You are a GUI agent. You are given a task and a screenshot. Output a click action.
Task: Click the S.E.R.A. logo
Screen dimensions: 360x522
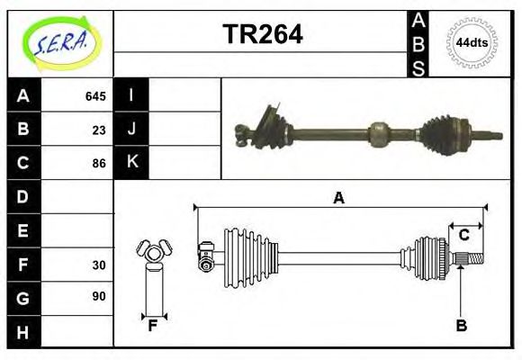click(x=60, y=41)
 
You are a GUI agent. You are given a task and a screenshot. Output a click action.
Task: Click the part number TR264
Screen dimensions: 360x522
click(x=262, y=35)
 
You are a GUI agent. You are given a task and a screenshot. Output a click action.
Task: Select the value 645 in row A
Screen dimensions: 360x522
click(x=95, y=96)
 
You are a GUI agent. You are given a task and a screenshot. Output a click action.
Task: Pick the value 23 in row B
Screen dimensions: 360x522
click(x=99, y=130)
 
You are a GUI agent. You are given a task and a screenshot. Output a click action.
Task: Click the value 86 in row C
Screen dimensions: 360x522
click(x=99, y=164)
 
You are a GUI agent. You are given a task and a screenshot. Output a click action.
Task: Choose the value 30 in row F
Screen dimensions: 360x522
click(x=99, y=265)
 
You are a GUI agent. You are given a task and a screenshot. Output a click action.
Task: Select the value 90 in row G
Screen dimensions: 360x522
click(x=99, y=296)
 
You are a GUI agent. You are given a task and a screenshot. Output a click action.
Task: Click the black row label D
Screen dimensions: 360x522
click(x=23, y=196)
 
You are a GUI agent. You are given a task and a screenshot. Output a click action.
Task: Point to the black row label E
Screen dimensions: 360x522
click(x=23, y=230)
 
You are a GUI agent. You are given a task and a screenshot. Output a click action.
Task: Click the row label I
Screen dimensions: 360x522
click(x=131, y=95)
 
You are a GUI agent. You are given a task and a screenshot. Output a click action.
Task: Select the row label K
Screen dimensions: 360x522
click(x=131, y=163)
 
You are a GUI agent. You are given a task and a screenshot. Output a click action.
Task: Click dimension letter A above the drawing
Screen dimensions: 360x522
click(x=338, y=199)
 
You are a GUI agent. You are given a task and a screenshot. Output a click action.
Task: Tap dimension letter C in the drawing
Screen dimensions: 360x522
click(x=463, y=236)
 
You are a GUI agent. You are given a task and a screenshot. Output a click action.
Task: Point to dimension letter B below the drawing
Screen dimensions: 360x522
click(x=461, y=326)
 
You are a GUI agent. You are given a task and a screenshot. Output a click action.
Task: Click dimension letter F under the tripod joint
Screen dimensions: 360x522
click(x=153, y=326)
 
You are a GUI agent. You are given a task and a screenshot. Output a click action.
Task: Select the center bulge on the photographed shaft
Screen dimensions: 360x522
click(x=379, y=136)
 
